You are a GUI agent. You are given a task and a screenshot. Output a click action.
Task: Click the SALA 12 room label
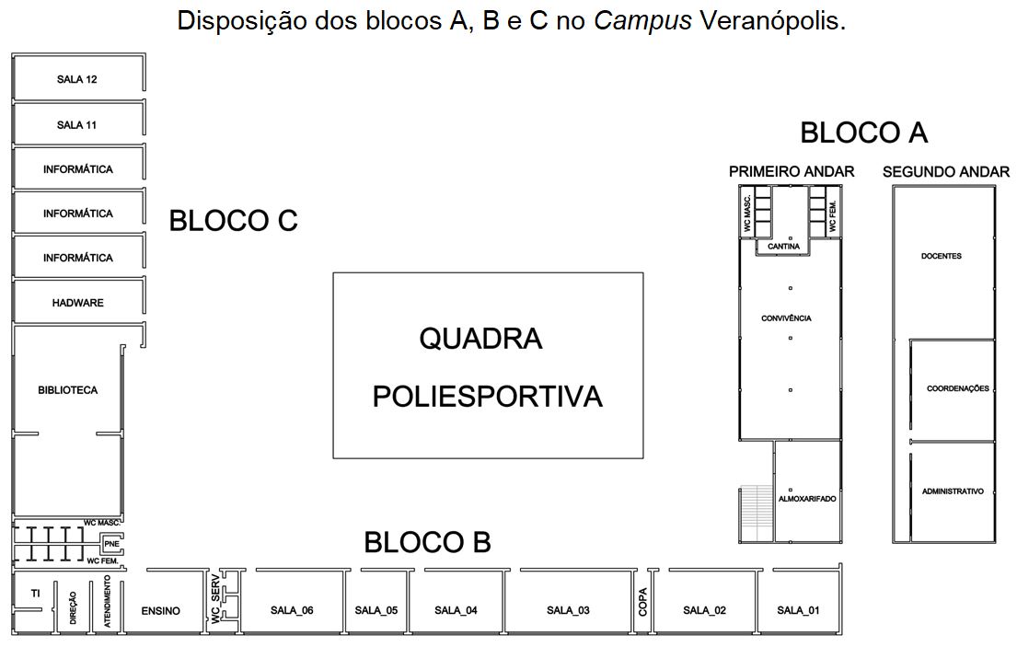77,79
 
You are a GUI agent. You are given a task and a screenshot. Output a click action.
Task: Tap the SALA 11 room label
77,125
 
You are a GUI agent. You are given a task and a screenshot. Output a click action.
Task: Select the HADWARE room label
78,303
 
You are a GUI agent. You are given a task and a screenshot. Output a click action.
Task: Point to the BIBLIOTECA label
67,390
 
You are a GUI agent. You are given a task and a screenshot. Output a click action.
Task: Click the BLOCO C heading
233,221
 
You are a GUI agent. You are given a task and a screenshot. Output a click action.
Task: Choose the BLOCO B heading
427,543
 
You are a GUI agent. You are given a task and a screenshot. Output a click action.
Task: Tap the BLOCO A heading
863,133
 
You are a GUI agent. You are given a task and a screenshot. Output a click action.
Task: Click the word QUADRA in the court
480,339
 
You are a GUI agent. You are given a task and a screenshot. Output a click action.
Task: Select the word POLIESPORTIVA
487,397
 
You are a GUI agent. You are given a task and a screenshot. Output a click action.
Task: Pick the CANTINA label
783,247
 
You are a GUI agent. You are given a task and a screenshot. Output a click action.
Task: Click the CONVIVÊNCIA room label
786,318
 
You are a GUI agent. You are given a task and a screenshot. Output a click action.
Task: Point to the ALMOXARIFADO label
807,499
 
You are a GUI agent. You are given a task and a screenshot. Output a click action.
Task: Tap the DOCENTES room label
941,256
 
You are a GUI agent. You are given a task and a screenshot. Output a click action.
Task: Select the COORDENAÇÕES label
957,388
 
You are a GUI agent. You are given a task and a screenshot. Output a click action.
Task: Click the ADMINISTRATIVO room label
953,491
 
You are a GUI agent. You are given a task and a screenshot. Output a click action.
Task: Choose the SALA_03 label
568,610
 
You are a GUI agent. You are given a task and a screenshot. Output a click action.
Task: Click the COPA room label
642,602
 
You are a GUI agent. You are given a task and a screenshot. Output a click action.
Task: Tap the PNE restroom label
112,544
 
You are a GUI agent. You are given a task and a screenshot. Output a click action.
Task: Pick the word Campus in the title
642,20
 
